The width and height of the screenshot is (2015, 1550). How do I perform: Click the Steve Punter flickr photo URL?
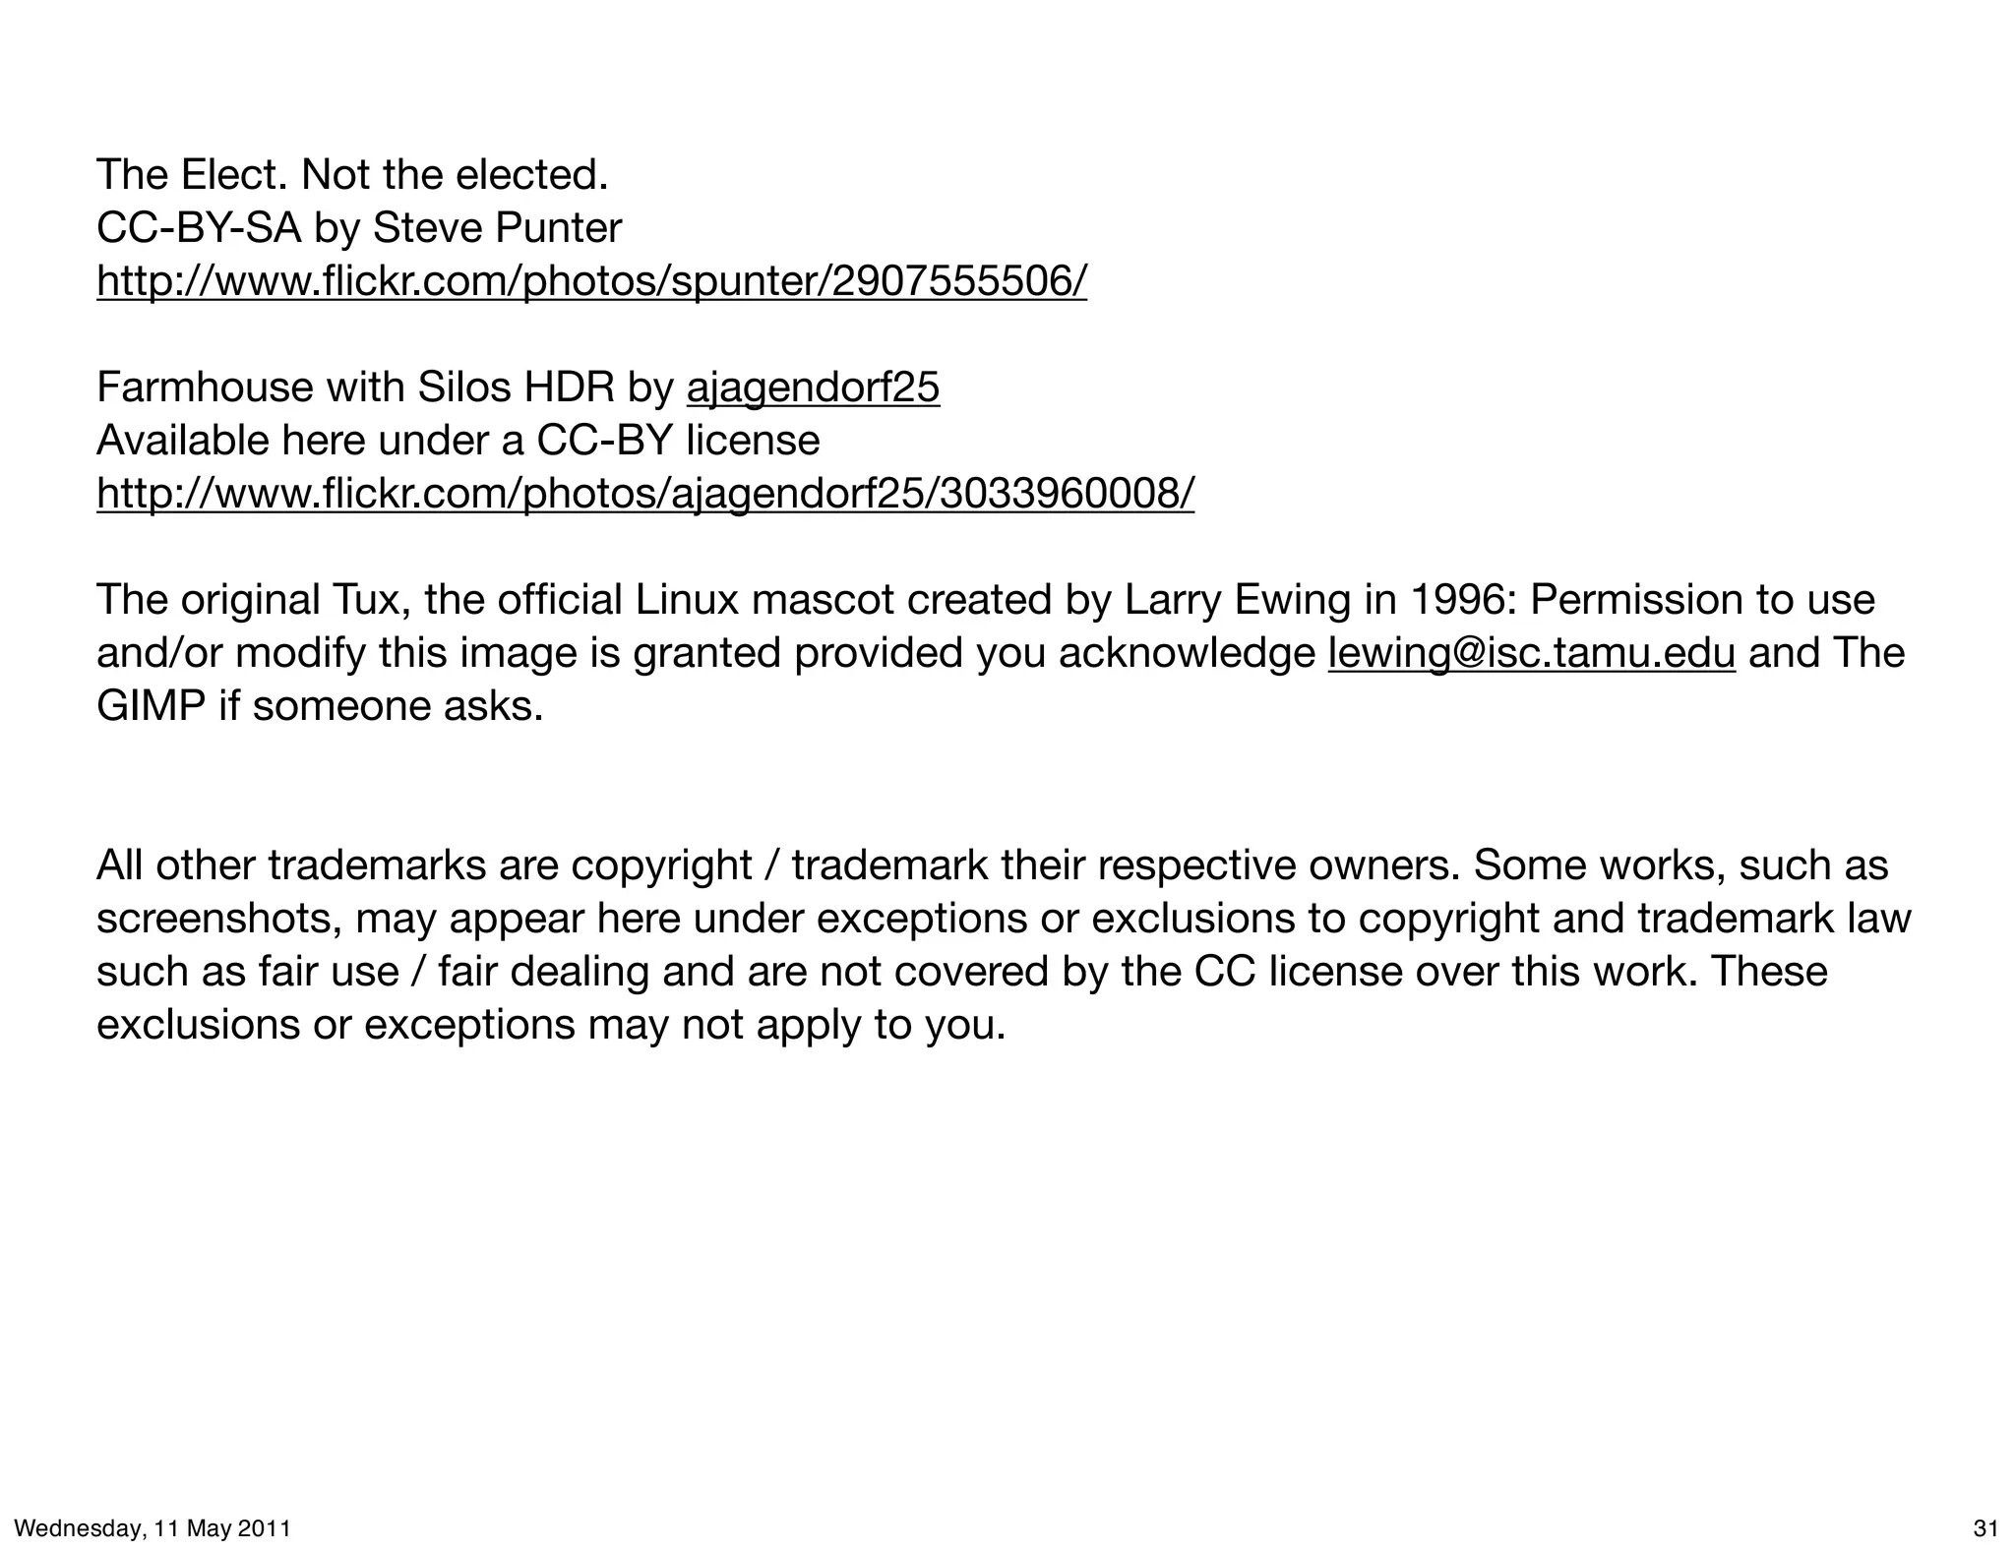point(591,281)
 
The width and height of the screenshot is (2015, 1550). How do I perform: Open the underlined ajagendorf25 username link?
point(813,387)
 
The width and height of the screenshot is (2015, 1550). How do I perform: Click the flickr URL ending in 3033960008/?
point(645,494)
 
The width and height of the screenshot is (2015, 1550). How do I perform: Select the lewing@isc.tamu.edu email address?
point(1531,654)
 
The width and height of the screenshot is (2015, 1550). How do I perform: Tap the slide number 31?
point(1985,1528)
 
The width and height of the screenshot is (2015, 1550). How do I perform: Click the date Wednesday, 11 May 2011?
point(153,1528)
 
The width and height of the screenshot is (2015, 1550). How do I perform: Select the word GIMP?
point(151,707)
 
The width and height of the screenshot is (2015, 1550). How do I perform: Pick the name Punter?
point(558,229)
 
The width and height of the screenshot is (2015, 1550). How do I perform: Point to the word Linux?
point(686,600)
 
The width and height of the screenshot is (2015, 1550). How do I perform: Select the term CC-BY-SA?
point(199,229)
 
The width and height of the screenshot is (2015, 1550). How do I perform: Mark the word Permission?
point(1633,600)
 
